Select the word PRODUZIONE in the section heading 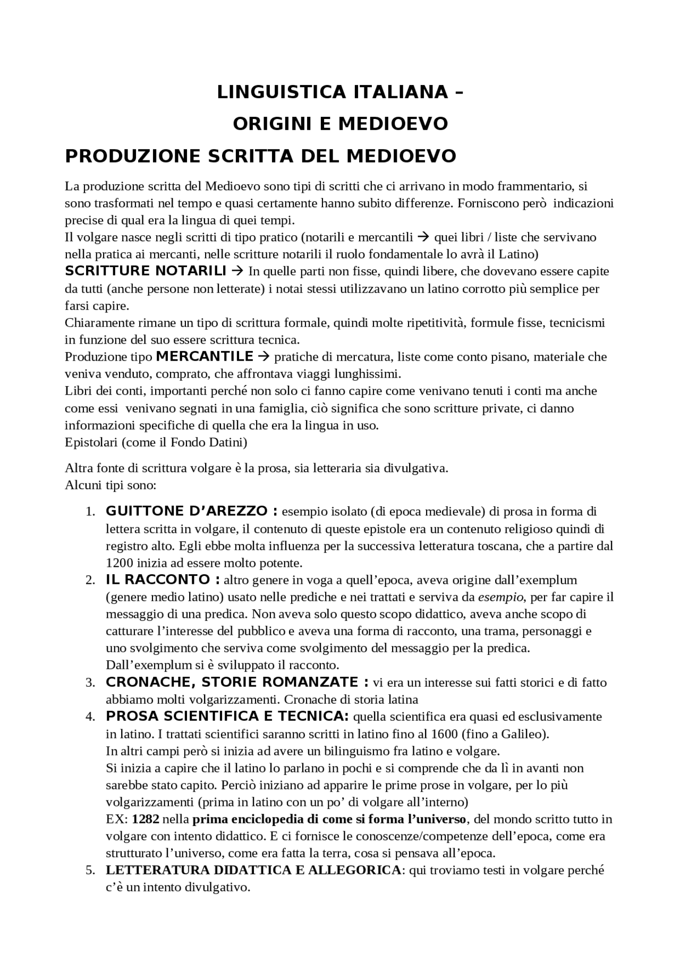[132, 156]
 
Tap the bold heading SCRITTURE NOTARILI [146, 271]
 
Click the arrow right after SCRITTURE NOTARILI [238, 271]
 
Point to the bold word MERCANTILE [205, 356]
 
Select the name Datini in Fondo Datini [227, 442]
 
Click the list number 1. [90, 512]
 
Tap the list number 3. [90, 683]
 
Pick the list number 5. [90, 871]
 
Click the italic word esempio [500, 597]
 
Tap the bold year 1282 [146, 819]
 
